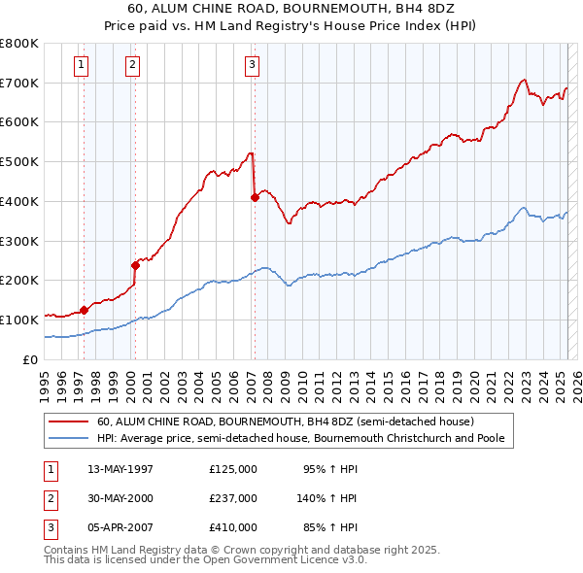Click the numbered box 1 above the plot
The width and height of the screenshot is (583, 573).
pyautogui.click(x=80, y=65)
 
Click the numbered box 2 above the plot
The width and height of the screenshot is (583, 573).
pyautogui.click(x=131, y=65)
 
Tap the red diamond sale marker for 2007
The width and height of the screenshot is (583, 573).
pyautogui.click(x=255, y=197)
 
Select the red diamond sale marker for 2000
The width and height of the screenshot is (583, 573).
pyautogui.click(x=136, y=264)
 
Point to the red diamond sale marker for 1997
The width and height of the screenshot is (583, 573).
pyautogui.click(x=85, y=310)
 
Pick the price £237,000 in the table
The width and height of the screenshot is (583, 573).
pyautogui.click(x=233, y=498)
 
